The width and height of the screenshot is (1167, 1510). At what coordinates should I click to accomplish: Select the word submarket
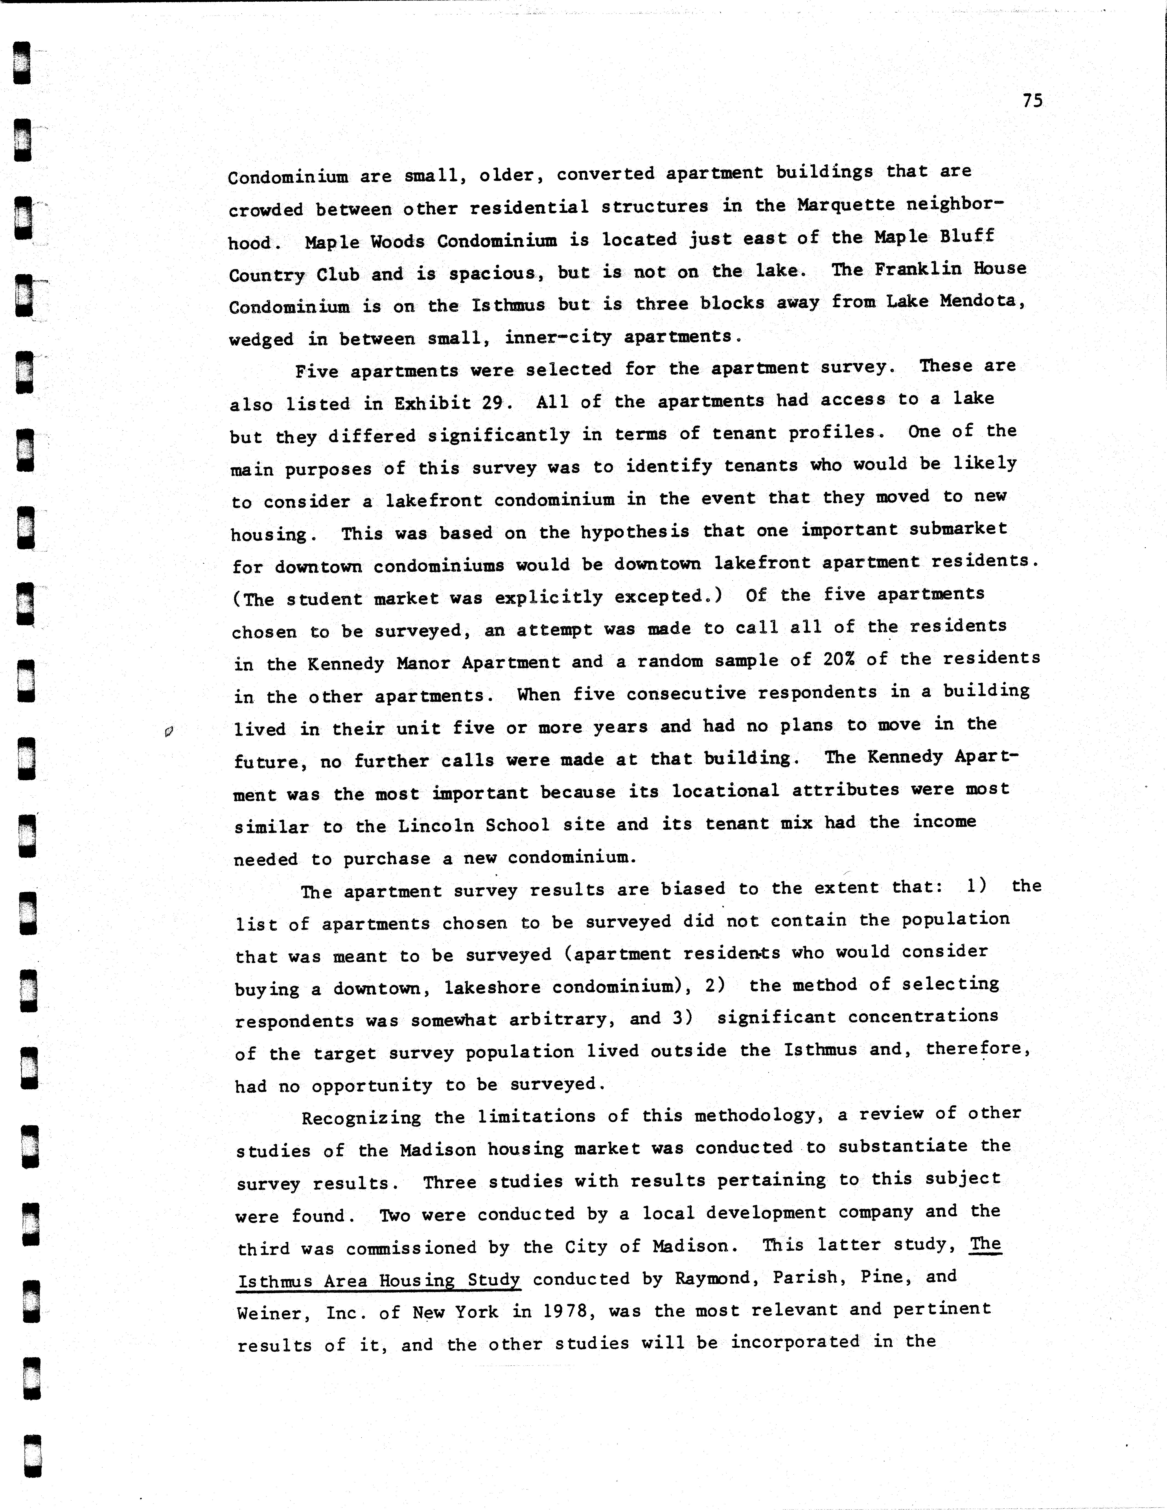click(958, 529)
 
